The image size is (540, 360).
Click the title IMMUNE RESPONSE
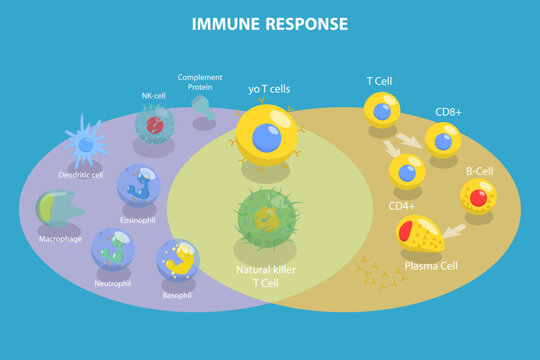[270, 23]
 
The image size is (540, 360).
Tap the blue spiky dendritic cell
[86, 142]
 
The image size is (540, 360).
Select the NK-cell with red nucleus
[155, 124]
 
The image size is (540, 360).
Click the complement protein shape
[202, 107]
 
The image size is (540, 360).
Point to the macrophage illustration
[60, 208]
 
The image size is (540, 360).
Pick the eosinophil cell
[138, 185]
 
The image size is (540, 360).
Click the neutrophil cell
[113, 248]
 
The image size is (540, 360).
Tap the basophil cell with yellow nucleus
[178, 260]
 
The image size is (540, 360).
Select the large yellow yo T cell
[266, 135]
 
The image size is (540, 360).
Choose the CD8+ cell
[443, 141]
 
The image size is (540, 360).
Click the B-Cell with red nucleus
[478, 197]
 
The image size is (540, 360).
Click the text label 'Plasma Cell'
[432, 267]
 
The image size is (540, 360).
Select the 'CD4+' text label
[402, 206]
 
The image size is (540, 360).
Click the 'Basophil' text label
[177, 296]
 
